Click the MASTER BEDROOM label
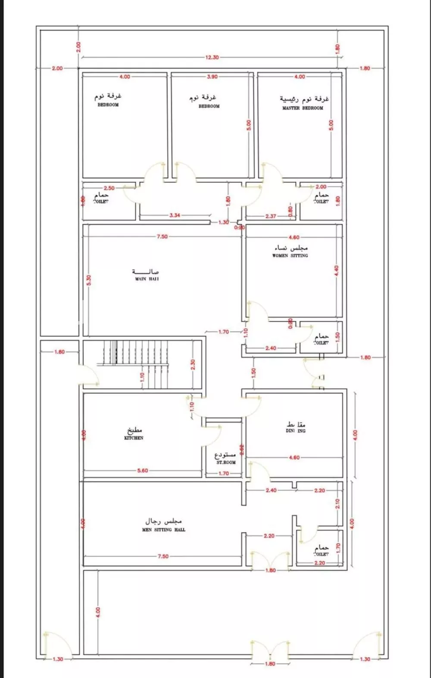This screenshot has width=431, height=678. pos(303,108)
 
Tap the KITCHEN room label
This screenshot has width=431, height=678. pos(134,438)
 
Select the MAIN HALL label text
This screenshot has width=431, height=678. pos(147,279)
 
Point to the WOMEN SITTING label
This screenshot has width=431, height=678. pos(290,255)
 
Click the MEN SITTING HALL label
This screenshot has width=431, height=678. pos(164,530)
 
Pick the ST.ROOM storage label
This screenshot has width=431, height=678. pos(226,462)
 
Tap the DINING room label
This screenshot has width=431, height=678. pos(296,430)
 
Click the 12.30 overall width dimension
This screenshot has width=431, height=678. pos(212,57)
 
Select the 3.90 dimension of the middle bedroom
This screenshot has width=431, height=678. pos(212,76)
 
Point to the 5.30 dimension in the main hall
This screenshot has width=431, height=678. pos(89,280)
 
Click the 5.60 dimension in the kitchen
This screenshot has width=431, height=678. pos(143,471)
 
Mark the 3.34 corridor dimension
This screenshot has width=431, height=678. pos(175,215)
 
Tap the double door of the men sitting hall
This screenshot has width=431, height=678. pos(270,561)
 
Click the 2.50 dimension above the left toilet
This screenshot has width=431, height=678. pos(109,188)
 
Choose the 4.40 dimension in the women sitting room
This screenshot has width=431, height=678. pos(336,271)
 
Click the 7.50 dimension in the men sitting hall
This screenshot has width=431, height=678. pos(163,556)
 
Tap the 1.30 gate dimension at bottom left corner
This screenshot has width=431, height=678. pos(58,659)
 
